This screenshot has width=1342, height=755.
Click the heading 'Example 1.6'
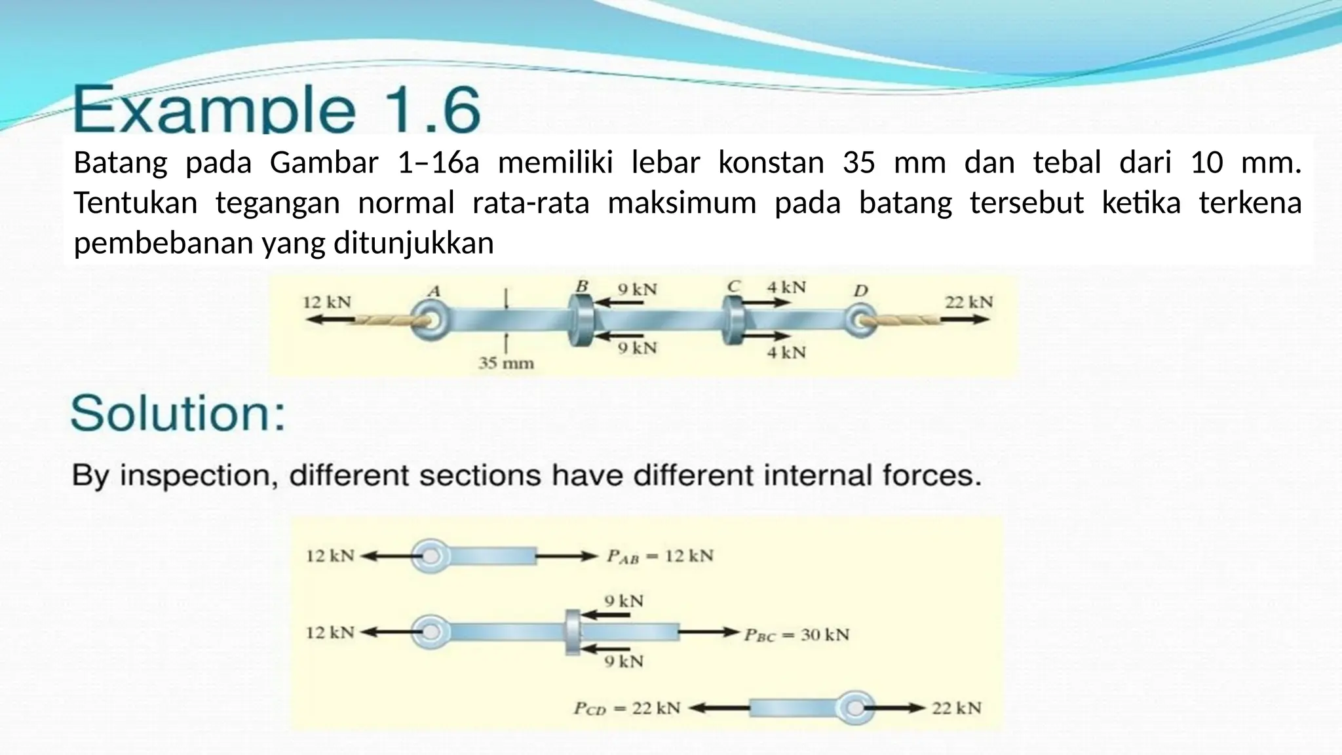pyautogui.click(x=277, y=109)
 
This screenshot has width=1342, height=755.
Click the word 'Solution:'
pyautogui.click(x=178, y=414)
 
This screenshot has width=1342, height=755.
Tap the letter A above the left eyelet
pyautogui.click(x=434, y=291)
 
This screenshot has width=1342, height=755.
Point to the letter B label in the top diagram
pyautogui.click(x=581, y=286)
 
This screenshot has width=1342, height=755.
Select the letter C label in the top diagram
pyautogui.click(x=734, y=286)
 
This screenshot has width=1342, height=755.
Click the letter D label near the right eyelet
pyautogui.click(x=860, y=291)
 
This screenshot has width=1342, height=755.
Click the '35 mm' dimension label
pyautogui.click(x=506, y=363)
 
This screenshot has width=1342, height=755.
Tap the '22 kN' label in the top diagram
pyautogui.click(x=968, y=302)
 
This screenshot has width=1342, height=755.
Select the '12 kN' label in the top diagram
pyautogui.click(x=327, y=302)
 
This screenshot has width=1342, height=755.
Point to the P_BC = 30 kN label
pyautogui.click(x=796, y=635)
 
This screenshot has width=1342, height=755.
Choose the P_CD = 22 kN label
pyautogui.click(x=627, y=708)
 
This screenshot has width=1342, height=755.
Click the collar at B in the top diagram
pyautogui.click(x=581, y=320)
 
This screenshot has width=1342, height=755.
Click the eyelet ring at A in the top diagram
pyautogui.click(x=430, y=320)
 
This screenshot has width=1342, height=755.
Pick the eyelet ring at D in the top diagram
pyautogui.click(x=859, y=320)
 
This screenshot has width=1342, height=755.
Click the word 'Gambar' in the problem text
pyautogui.click(x=324, y=163)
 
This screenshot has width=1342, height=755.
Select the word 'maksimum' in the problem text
pyautogui.click(x=681, y=203)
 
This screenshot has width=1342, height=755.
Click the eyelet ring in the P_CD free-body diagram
pyautogui.click(x=854, y=708)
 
